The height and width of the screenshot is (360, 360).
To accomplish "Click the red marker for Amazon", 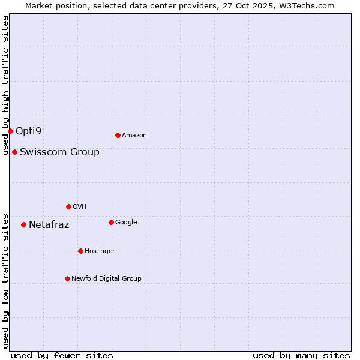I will [x=118, y=135].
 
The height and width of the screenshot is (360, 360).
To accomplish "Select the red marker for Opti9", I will [x=10, y=131].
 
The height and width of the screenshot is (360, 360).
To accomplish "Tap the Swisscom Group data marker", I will [x=14, y=152].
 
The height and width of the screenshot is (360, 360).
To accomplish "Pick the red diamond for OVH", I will [x=68, y=206].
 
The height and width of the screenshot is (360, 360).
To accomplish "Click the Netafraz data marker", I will [x=23, y=224].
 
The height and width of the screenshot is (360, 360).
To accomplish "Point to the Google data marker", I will [x=111, y=222].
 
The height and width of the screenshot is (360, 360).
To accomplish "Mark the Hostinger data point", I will [x=80, y=251].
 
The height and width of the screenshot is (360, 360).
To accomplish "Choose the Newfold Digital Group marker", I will [x=67, y=278].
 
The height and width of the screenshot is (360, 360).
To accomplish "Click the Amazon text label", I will [x=134, y=136].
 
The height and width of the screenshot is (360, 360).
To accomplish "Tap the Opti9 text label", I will [x=29, y=131].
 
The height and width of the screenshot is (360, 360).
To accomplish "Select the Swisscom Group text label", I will [x=59, y=152].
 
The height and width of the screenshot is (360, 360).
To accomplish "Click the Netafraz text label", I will [x=49, y=225].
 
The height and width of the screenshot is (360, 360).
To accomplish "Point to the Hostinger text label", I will [x=100, y=251].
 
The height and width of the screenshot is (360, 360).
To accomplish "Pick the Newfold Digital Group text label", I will [x=106, y=278].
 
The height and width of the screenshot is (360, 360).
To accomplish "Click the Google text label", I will [x=126, y=222].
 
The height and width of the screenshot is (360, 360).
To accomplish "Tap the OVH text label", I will [x=79, y=206].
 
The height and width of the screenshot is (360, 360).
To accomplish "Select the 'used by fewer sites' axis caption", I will [x=62, y=355].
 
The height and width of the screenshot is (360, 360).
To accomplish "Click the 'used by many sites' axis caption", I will [x=301, y=355].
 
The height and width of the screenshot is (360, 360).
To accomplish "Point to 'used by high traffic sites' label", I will [x=5, y=85].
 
